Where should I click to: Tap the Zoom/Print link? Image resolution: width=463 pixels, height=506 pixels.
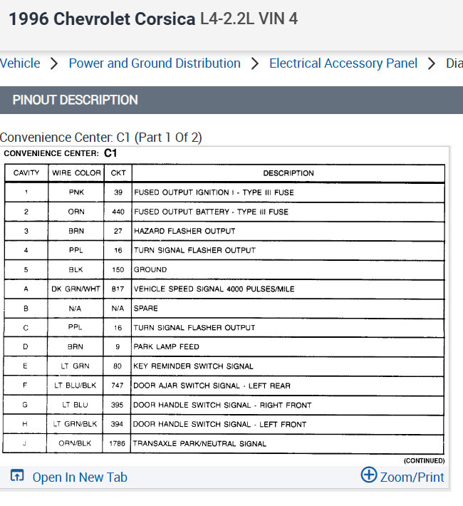pos(402,477)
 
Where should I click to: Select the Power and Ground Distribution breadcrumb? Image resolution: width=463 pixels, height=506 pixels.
pos(155,63)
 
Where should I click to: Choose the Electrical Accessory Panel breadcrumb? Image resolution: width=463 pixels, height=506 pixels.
pos(343,63)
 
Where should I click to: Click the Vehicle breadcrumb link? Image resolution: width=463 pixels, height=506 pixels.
pos(20,63)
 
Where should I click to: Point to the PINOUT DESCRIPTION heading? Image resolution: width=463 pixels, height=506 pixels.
pos(76,100)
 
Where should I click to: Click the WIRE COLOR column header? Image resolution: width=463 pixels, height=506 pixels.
pos(76,173)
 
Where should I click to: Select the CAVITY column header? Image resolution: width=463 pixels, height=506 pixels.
pos(26,173)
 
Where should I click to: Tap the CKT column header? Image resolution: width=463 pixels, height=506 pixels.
pos(118,173)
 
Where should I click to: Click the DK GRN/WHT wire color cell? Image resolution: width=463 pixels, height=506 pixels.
pos(76,289)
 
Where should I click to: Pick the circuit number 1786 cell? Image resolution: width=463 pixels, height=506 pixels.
pos(118,443)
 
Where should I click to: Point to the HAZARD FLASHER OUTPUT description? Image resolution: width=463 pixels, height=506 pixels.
pos(184,231)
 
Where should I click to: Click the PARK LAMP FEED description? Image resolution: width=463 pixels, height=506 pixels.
pos(167,346)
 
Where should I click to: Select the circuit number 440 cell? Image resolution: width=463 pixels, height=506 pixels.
pos(118,212)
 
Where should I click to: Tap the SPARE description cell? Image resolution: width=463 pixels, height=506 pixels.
pos(146,309)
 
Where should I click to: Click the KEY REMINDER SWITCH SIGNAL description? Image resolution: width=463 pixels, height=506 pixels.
pos(194,366)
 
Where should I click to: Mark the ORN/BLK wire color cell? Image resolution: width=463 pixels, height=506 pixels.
pos(76,443)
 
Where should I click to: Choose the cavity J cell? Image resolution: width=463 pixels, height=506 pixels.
pos(26,443)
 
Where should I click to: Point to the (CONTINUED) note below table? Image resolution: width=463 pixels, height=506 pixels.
pos(424,461)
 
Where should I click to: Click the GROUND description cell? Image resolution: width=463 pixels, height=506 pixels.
pos(150,269)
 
